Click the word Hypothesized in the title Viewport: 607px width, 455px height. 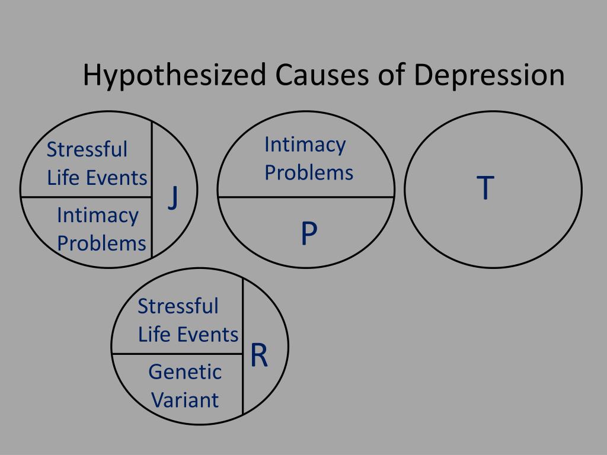[173, 76]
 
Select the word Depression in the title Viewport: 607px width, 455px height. [489, 76]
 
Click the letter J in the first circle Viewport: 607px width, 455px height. [172, 197]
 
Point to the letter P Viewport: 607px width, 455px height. [308, 235]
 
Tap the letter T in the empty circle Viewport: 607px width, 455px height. [485, 188]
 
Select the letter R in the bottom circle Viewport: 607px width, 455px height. [259, 355]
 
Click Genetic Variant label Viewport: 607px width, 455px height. [184, 386]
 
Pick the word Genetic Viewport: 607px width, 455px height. [184, 372]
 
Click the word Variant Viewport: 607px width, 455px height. [184, 400]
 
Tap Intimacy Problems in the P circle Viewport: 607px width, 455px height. [308, 158]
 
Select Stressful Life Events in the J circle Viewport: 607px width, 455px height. [97, 164]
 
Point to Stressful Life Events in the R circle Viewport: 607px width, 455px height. [188, 321]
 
